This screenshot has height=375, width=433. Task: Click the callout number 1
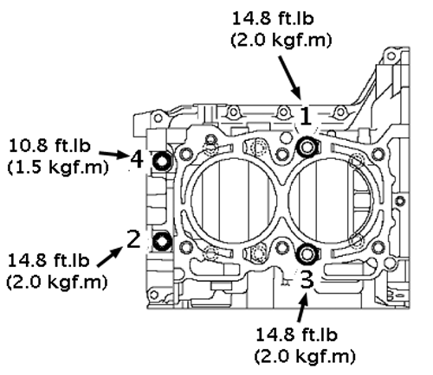pyautogui.click(x=306, y=117)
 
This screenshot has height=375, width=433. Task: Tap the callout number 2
pyautogui.click(x=133, y=238)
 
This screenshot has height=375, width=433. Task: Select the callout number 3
pyautogui.click(x=307, y=280)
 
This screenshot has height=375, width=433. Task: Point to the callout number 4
pyautogui.click(x=137, y=159)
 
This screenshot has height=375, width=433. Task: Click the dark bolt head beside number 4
pyautogui.click(x=161, y=161)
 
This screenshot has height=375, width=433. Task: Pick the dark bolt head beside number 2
pyautogui.click(x=162, y=241)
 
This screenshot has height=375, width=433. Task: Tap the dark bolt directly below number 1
pyautogui.click(x=307, y=147)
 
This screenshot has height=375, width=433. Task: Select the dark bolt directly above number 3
pyautogui.click(x=307, y=253)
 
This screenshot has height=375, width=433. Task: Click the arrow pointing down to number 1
pyautogui.click(x=290, y=78)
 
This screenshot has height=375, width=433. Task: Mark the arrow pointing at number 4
pyautogui.click(x=113, y=155)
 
